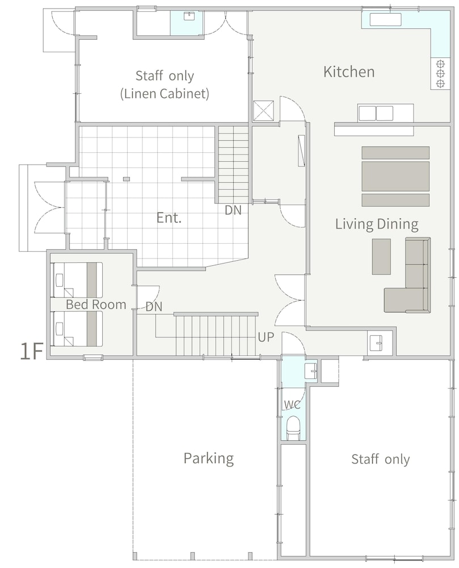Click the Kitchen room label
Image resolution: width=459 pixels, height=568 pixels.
pyautogui.click(x=349, y=72)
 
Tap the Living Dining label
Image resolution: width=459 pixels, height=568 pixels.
pyautogui.click(x=377, y=224)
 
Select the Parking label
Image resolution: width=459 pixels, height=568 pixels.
pyautogui.click(x=209, y=458)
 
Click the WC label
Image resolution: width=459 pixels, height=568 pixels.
pyautogui.click(x=292, y=404)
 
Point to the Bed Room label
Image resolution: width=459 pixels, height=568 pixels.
pyautogui.click(x=96, y=304)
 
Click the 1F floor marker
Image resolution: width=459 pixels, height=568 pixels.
pyautogui.click(x=31, y=352)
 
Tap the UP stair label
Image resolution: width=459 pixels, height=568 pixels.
pyautogui.click(x=266, y=337)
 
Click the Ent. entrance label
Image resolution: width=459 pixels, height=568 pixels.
pyautogui.click(x=169, y=218)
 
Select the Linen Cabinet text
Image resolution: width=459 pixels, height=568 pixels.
pyautogui.click(x=165, y=94)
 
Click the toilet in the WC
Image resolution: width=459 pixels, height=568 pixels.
pyautogui.click(x=293, y=428)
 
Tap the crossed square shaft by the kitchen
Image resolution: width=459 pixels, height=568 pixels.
pyautogui.click(x=264, y=111)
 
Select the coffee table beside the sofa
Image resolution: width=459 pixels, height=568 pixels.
pyautogui.click(x=381, y=257)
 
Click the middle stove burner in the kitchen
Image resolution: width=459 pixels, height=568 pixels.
pyautogui.click(x=440, y=73)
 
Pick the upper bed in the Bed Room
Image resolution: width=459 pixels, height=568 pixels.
pyautogui.click(x=77, y=279)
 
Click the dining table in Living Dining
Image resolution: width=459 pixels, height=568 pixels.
pyautogui.click(x=395, y=176)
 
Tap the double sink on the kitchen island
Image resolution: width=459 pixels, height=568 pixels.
pyautogui.click(x=376, y=113)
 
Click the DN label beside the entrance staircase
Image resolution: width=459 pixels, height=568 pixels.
pyautogui.click(x=233, y=210)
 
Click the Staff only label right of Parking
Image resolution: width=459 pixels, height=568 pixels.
pyautogui.click(x=381, y=459)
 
